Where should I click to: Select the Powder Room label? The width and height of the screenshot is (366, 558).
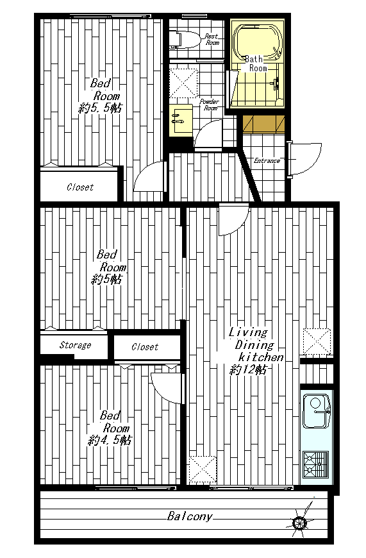point(210,105)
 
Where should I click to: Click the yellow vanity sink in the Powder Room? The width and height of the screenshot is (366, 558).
point(180,121)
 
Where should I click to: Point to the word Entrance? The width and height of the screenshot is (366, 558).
point(267,161)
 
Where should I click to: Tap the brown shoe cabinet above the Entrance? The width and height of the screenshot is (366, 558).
point(263,124)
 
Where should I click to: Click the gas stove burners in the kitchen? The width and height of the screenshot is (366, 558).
point(316,464)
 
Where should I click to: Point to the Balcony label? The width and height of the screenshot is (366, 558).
point(190,516)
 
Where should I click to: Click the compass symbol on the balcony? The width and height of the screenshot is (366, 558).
point(299,522)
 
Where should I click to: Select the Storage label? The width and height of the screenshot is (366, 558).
point(75,345)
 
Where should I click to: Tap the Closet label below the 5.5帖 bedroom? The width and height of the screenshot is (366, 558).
point(80,187)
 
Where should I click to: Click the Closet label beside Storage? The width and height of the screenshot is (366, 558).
point(145,346)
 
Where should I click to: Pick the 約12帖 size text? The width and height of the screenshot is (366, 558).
point(248,370)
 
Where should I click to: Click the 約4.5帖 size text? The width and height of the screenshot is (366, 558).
point(110,441)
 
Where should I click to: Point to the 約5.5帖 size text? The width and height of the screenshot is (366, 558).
point(100,108)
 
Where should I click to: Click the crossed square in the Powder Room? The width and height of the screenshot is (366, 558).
point(183,83)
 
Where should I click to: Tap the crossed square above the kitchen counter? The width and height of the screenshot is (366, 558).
point(317,342)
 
